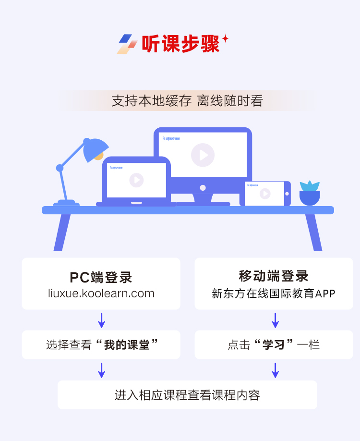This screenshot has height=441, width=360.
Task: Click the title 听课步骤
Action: click(180, 44)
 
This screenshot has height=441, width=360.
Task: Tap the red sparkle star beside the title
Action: click(225, 38)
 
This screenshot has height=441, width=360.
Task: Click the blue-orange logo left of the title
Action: click(127, 44)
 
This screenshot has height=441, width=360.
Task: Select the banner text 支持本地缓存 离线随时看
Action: click(187, 101)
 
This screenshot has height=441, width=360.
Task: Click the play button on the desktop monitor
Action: click(203, 155)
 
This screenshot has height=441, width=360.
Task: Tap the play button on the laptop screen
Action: click(136, 180)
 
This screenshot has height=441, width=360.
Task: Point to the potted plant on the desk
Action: click(310, 193)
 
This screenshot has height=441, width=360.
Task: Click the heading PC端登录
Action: click(101, 277)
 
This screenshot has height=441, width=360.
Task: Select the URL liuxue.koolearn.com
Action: click(101, 293)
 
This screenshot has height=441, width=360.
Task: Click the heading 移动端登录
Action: click(274, 276)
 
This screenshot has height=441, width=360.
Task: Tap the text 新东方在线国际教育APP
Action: click(274, 293)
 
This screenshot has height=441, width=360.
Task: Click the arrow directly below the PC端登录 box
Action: click(101, 320)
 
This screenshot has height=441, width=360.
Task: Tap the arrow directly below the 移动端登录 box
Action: click(275, 320)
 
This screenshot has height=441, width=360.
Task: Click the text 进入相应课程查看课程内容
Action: click(187, 395)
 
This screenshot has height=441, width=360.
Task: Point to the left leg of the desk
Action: click(62, 233)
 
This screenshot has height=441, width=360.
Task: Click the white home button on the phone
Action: click(287, 194)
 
